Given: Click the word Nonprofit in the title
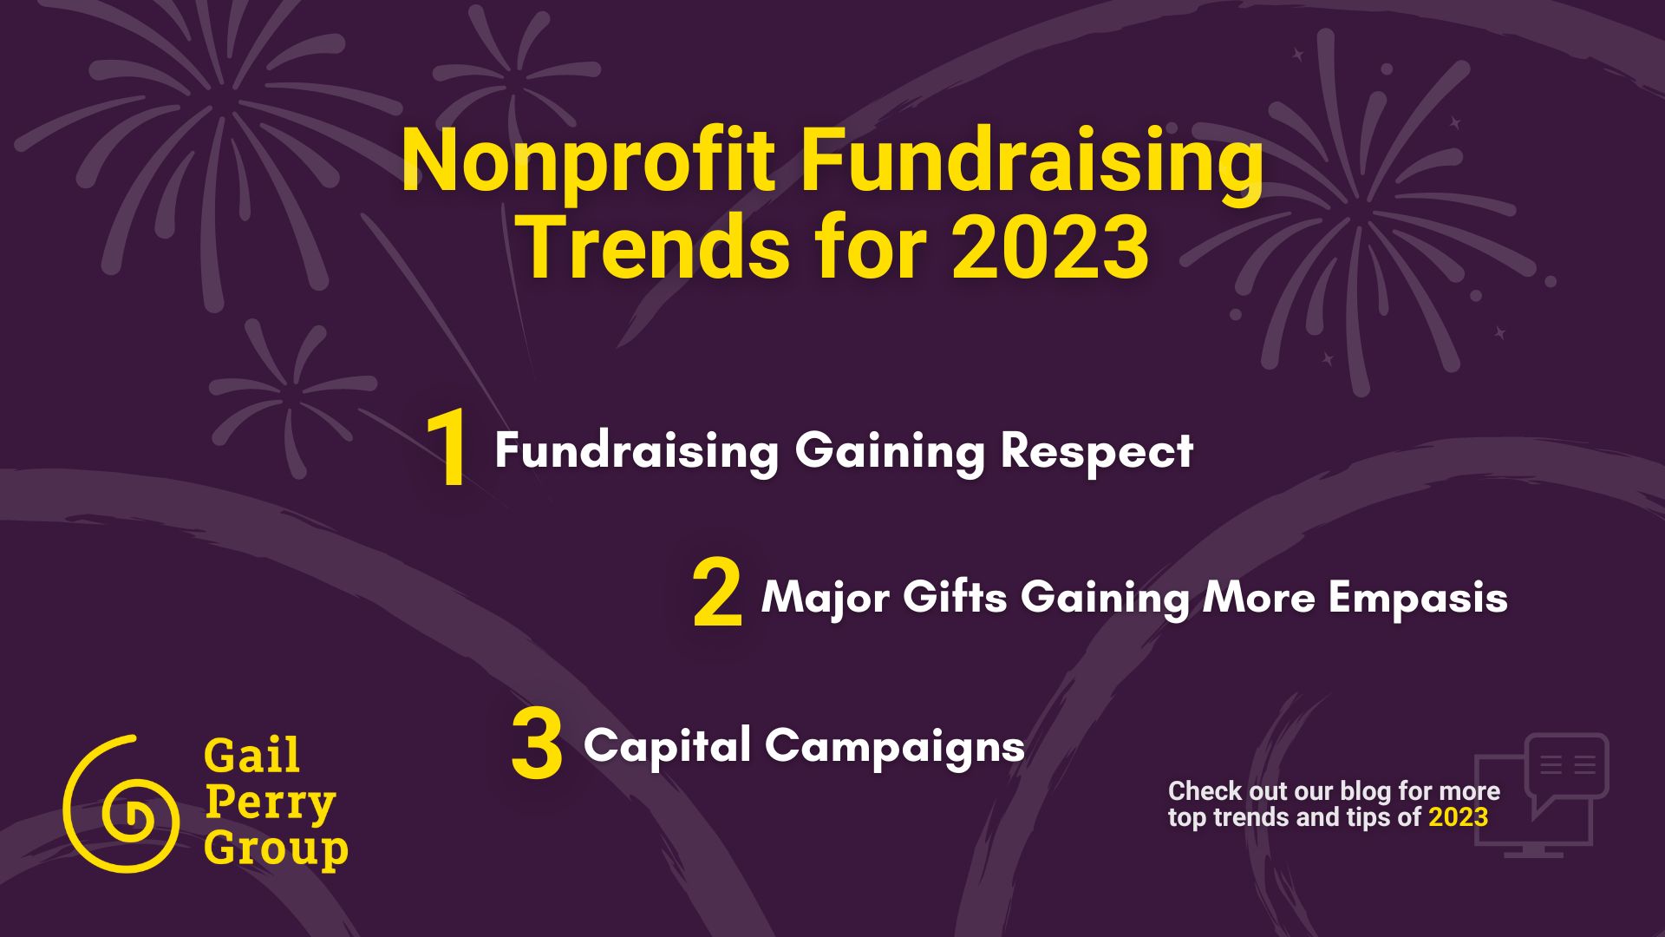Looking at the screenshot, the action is (x=588, y=163).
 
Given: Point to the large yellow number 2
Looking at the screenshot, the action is (x=718, y=595).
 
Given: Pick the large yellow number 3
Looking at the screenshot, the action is (x=537, y=744).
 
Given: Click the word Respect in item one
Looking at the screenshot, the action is (x=1097, y=452).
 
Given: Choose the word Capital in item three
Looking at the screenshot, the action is (x=667, y=746).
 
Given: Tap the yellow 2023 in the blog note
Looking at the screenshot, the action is (x=1459, y=817).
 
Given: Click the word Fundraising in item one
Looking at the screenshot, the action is (x=637, y=452).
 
